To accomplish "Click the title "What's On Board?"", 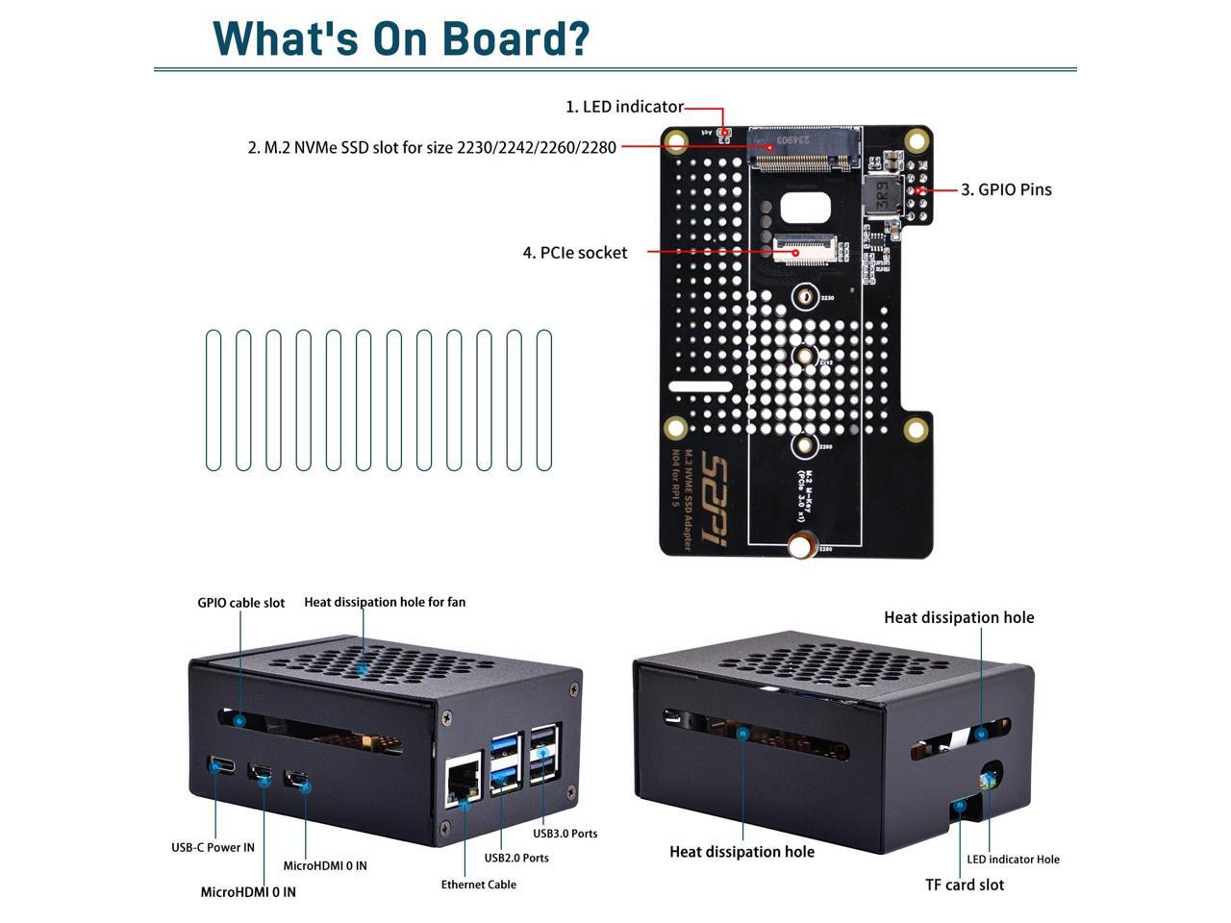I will click(x=400, y=37).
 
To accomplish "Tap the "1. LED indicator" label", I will click(x=624, y=107).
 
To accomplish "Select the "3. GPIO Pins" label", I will click(x=1006, y=189).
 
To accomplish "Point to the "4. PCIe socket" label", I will click(x=575, y=253).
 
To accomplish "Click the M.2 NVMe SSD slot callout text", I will click(x=432, y=148).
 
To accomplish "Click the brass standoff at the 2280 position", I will click(x=800, y=548).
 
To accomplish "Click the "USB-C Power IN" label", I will click(x=213, y=847).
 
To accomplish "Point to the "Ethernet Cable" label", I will click(x=478, y=885).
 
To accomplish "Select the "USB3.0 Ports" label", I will click(x=565, y=834).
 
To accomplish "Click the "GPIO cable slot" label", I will click(x=240, y=603).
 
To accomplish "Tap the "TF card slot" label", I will click(x=965, y=885).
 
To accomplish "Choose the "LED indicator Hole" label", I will click(x=1013, y=860).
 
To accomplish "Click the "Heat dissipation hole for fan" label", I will click(x=385, y=602).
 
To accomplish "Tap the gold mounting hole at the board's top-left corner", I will click(x=677, y=142).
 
